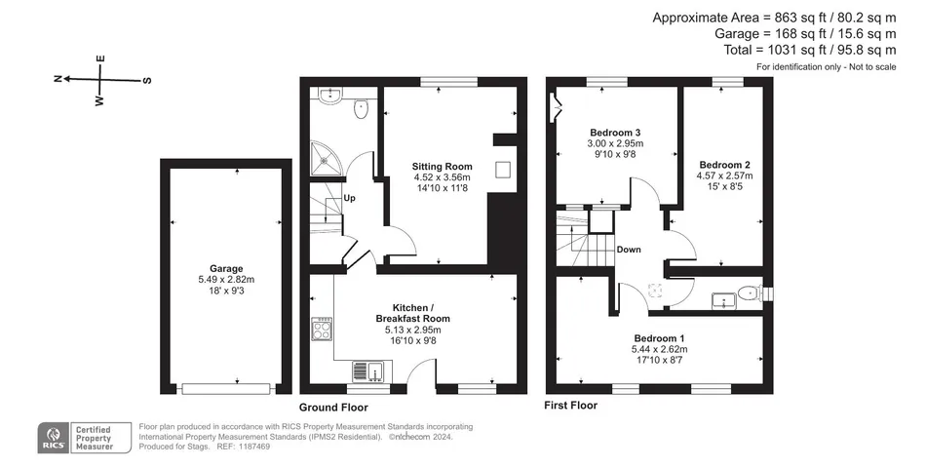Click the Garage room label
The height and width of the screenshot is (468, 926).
(x=226, y=269)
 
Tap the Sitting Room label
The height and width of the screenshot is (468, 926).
(x=442, y=167)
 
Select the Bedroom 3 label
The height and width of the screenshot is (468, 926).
(x=615, y=133)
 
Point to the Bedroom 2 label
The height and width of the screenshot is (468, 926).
(x=724, y=165)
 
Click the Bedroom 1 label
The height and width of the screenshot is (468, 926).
(x=659, y=338)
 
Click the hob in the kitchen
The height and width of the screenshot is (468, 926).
(x=322, y=330)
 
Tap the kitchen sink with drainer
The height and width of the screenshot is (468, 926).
(x=367, y=371)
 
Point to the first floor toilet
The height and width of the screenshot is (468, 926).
(x=752, y=292)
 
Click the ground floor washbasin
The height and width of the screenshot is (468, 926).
(x=328, y=97)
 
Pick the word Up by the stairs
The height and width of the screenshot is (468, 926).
(x=350, y=198)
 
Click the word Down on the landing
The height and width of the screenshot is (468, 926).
(x=629, y=250)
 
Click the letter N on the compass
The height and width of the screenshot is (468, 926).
(x=58, y=79)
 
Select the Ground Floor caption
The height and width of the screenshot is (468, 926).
(x=333, y=408)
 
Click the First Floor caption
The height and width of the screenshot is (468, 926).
(x=570, y=406)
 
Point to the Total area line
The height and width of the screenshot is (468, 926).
(x=810, y=51)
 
